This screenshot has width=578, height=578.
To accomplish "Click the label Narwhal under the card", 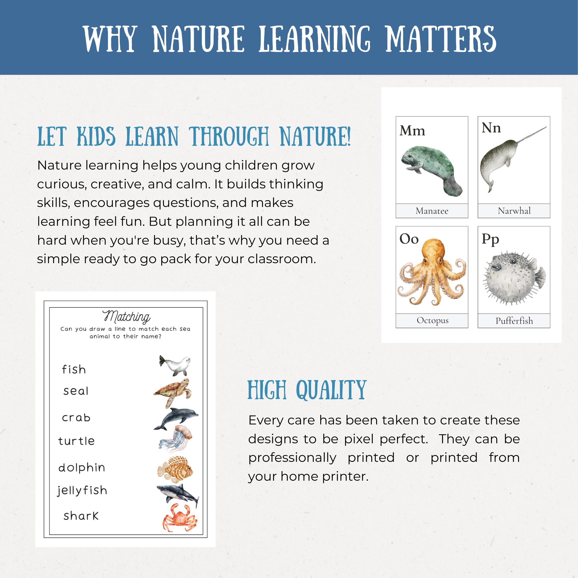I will [514, 211].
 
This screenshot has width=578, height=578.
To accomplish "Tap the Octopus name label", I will [432, 321].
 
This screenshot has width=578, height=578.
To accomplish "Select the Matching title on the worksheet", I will [126, 317].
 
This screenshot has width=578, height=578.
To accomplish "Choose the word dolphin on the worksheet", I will [82, 467].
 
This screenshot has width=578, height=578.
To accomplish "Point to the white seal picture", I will [175, 366].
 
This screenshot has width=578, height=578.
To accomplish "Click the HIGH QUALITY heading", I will [307, 390].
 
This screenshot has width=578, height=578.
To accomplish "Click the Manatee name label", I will [432, 211].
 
